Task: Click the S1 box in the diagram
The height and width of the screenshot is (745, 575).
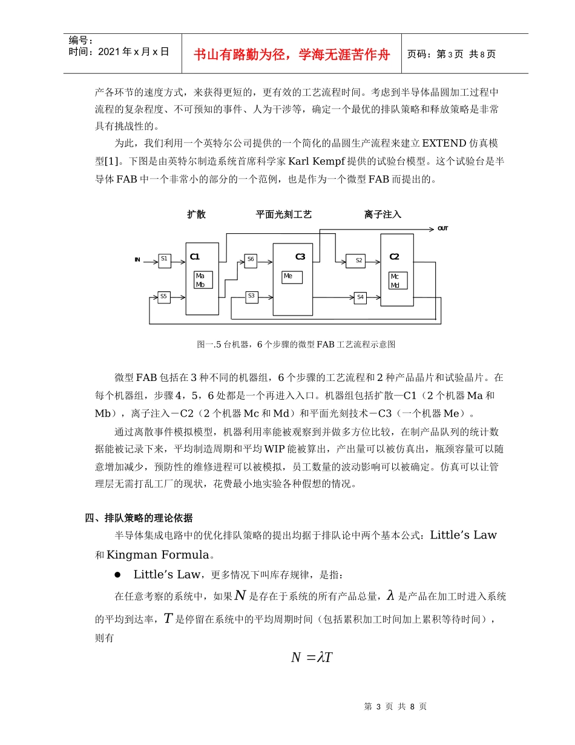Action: [x=164, y=260]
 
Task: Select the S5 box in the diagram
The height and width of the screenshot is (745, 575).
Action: [x=163, y=297]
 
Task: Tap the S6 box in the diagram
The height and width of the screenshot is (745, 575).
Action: [x=251, y=260]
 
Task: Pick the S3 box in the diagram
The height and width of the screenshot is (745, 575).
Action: [x=251, y=297]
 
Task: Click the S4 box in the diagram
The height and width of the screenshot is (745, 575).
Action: [x=360, y=297]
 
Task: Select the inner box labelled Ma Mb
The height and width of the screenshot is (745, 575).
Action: [x=203, y=280]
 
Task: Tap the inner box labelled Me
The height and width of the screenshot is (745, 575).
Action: [x=292, y=277]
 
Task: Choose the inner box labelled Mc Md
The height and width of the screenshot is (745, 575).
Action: [x=398, y=280]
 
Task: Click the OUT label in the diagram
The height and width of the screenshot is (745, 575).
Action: [x=443, y=229]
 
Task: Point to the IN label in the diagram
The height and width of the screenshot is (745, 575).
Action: [x=137, y=260]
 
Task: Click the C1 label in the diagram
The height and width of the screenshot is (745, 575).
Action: [x=195, y=257]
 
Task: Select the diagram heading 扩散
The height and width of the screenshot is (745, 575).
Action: [x=196, y=214]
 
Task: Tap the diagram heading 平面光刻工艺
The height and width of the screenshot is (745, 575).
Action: [x=284, y=214]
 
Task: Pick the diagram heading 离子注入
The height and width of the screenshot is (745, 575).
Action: [x=383, y=214]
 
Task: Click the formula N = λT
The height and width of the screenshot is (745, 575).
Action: [x=312, y=658]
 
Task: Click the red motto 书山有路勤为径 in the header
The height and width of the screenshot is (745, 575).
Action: [x=292, y=55]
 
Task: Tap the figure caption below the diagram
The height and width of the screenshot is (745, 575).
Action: [x=296, y=344]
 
